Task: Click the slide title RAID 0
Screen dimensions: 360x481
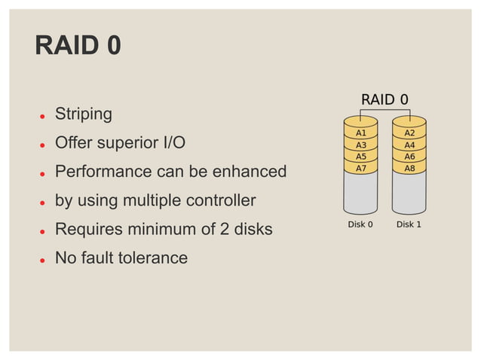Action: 78,46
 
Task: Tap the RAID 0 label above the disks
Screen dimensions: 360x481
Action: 384,99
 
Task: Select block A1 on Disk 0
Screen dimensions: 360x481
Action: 360,133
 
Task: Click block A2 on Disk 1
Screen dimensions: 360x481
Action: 409,133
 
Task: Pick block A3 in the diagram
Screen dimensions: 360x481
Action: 360,145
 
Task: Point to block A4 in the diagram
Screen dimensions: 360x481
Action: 409,145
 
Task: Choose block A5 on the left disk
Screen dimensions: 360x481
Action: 360,156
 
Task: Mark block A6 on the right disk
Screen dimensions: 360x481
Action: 409,156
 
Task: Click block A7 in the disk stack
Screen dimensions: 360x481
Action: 360,168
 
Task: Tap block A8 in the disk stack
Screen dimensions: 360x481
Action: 409,168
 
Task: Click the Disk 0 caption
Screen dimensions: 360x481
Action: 360,224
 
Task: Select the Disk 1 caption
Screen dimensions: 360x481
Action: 409,224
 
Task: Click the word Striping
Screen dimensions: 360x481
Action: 84,114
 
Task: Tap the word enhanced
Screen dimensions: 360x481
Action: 249,172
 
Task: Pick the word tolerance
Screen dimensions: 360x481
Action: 151,258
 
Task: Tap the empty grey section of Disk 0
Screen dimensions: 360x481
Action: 360,194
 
